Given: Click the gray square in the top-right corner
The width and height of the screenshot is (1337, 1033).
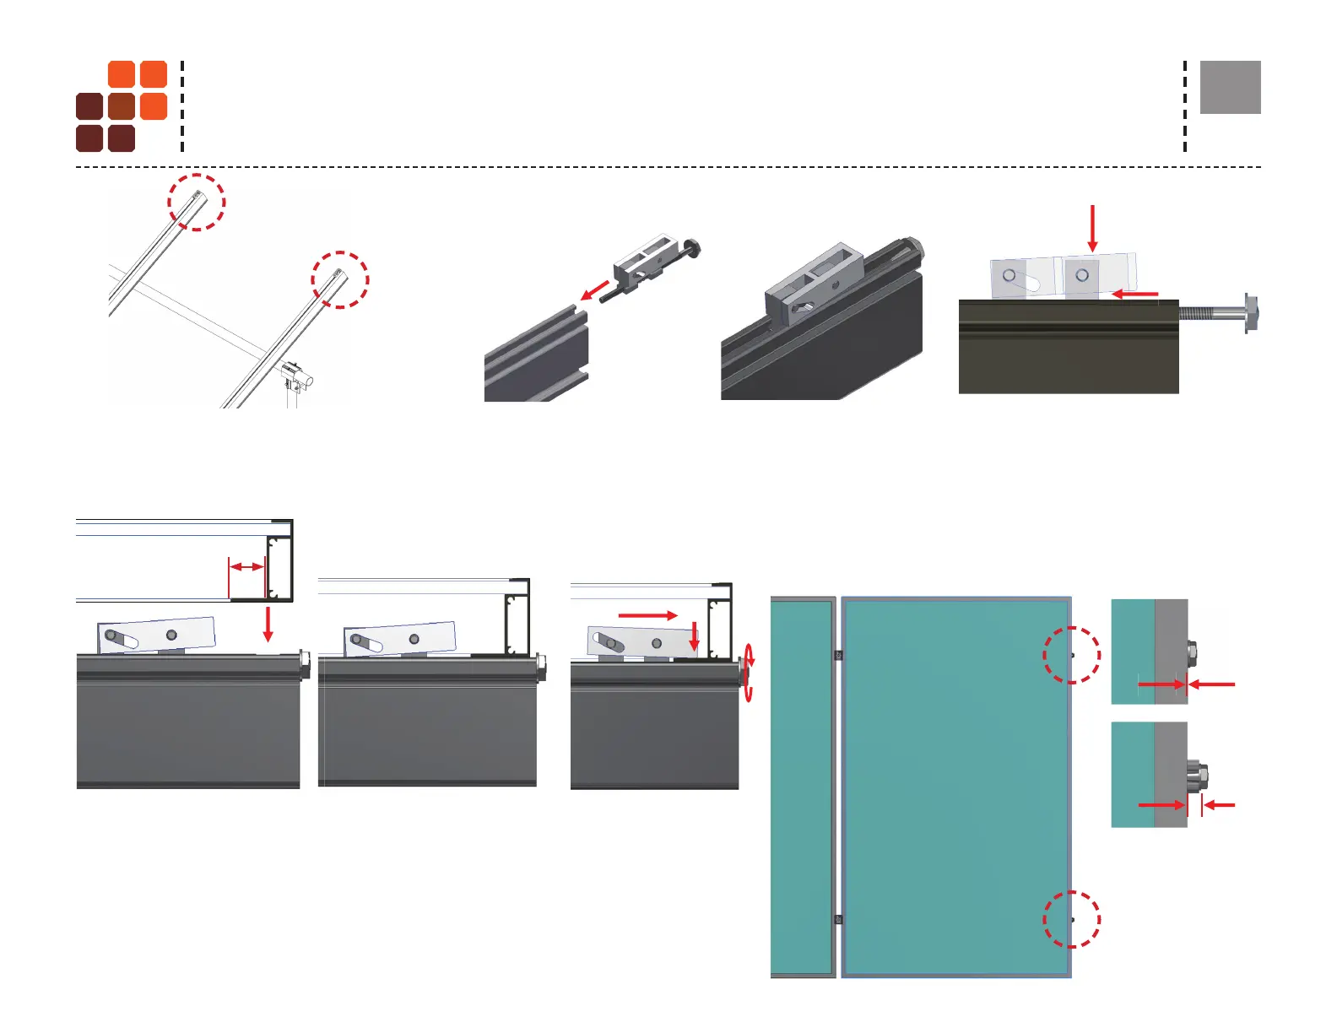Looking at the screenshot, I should (1230, 87).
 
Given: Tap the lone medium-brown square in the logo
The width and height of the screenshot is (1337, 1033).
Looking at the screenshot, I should (122, 106).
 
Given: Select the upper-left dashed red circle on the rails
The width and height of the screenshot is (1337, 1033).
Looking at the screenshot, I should (197, 202).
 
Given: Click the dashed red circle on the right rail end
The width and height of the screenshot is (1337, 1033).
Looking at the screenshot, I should (340, 279).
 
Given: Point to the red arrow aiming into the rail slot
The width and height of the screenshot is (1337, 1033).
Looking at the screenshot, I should (595, 290).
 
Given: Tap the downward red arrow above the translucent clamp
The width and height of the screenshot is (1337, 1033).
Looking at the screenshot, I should (1092, 228).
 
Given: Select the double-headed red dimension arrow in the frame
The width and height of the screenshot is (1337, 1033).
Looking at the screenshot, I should (247, 567).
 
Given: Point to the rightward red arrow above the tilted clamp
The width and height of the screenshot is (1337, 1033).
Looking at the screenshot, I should (647, 615).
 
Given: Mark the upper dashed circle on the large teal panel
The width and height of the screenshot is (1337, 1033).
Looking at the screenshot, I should (1072, 655).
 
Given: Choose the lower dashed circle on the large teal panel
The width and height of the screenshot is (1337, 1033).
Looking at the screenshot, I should (1072, 919).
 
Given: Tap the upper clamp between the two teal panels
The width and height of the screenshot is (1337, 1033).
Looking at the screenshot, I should (838, 655).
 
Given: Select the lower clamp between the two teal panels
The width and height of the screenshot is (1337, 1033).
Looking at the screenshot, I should (838, 919).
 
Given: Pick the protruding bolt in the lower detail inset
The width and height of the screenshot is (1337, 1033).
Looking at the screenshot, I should (1197, 774).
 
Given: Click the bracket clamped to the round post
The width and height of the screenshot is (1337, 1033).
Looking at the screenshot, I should (295, 374).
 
